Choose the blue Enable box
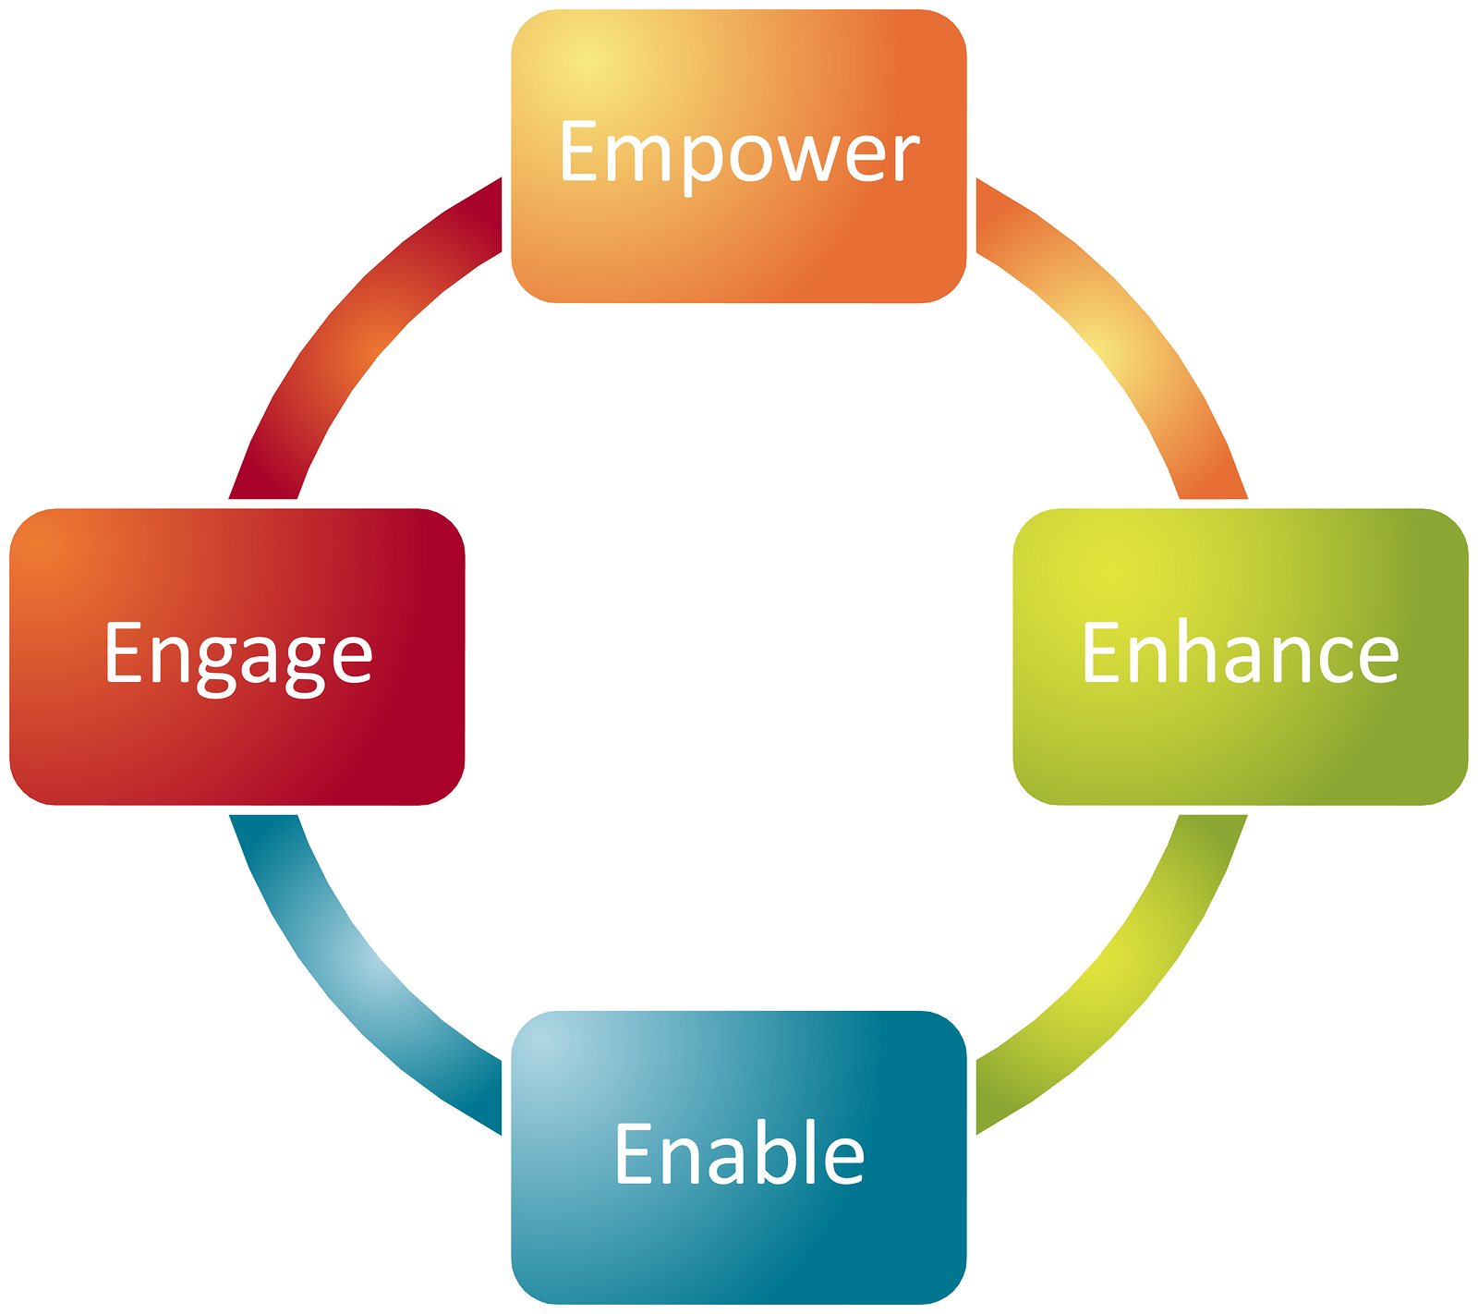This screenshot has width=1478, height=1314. coord(739,1238)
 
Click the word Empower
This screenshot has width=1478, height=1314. coord(739,152)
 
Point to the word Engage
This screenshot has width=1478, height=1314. coord(238,654)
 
